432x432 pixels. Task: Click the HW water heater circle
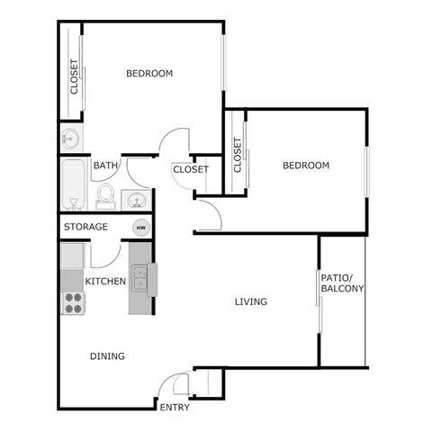point(140,228)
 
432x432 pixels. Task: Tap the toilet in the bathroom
point(106,195)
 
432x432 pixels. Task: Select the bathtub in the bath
point(72,184)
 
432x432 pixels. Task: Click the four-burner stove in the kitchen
point(71,303)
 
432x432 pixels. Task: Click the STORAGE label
point(86,227)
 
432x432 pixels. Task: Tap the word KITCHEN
point(105,282)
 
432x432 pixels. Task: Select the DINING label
point(107,356)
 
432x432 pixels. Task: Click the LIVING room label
point(251,301)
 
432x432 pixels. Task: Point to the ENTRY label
point(175,408)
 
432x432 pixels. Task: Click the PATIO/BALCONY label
point(342,283)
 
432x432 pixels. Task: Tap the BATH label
point(106,166)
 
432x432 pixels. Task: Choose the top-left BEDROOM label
point(149,74)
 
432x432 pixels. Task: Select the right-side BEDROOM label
point(306,166)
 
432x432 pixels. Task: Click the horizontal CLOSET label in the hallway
point(191,169)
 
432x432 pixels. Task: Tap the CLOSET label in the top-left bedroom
point(74,77)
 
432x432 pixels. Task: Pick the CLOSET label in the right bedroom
point(238,155)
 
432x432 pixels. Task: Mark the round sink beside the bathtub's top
point(70,139)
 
